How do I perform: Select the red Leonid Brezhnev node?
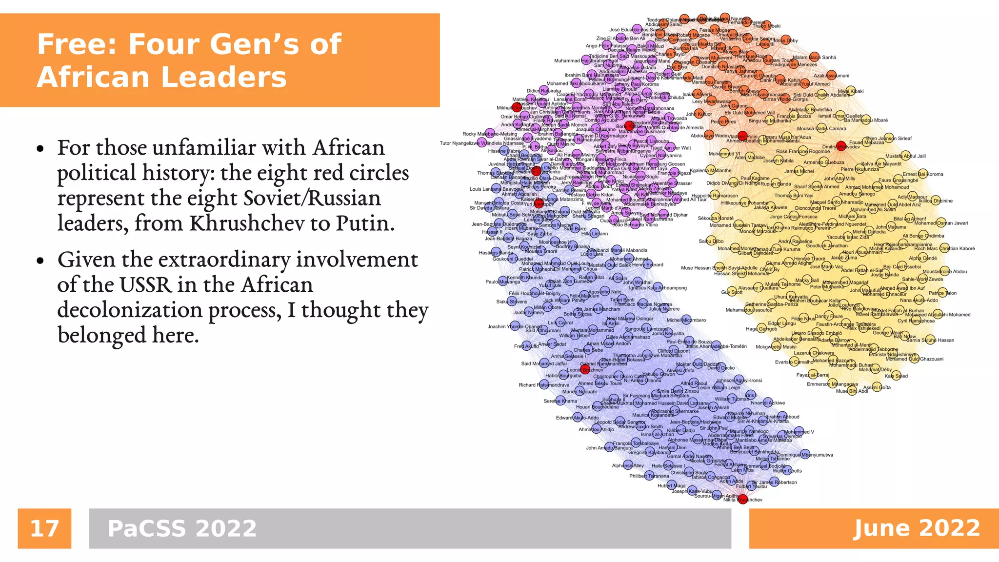(x=585, y=369)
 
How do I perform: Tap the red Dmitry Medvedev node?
(x=841, y=145)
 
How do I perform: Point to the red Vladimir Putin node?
(x=742, y=136)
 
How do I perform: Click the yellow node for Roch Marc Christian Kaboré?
(x=945, y=248)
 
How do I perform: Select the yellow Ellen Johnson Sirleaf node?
(x=889, y=138)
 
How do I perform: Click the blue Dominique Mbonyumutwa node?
(x=805, y=454)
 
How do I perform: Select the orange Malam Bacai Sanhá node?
(x=814, y=57)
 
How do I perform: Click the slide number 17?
(x=44, y=528)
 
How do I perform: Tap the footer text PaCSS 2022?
(x=182, y=528)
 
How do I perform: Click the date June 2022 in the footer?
(x=917, y=528)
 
